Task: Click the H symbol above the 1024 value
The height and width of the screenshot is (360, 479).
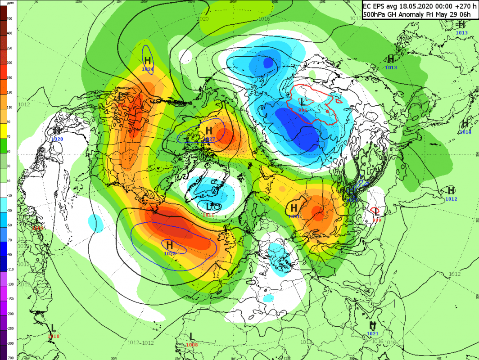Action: click(147, 61)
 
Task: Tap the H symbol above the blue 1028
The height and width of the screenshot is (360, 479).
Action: click(170, 245)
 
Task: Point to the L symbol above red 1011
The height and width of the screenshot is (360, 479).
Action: click(208, 207)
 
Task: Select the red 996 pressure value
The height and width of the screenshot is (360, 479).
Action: click(303, 110)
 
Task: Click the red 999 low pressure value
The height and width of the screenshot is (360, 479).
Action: click(376, 220)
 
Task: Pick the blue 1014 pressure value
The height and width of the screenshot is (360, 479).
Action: click(465, 132)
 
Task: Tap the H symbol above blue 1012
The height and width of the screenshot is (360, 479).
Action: click(451, 190)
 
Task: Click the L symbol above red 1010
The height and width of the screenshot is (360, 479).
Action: click(54, 328)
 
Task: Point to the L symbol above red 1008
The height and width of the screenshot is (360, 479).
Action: click(192, 336)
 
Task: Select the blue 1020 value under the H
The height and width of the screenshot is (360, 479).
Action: click(57, 139)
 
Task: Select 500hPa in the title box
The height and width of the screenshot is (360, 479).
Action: click(375, 14)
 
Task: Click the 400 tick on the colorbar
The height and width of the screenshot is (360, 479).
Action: click(9, 33)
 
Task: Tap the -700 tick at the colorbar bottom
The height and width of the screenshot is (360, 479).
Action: click(9, 357)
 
